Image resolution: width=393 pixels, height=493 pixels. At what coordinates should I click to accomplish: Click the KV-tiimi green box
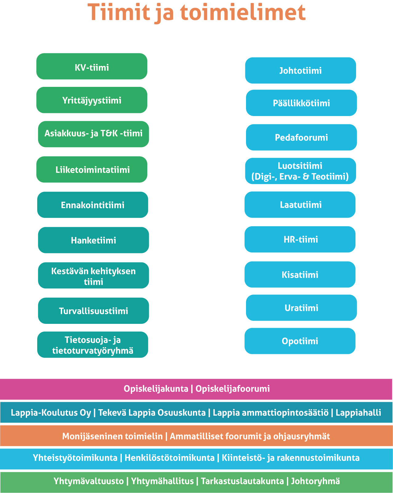[x=92, y=66]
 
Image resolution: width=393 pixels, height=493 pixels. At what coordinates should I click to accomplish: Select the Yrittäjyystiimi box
[x=92, y=100]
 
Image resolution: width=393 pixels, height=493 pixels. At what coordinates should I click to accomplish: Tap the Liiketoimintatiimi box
[x=92, y=169]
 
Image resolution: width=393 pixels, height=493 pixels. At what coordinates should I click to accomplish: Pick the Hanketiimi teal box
[x=93, y=240]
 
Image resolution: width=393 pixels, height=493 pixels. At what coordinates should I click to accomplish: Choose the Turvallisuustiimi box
[x=93, y=311]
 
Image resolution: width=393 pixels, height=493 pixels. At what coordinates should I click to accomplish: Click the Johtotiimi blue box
[x=300, y=70]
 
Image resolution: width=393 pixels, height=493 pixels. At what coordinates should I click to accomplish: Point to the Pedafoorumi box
[x=301, y=137]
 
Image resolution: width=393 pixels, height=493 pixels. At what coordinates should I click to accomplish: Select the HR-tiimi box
[x=300, y=239]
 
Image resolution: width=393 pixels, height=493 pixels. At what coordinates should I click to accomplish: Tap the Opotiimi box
[x=300, y=341]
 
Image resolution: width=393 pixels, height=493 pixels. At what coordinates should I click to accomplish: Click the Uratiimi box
[x=301, y=308]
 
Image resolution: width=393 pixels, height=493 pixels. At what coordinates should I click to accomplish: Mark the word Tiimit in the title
[x=119, y=12]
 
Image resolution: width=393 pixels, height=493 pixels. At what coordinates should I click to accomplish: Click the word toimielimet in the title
[x=243, y=12]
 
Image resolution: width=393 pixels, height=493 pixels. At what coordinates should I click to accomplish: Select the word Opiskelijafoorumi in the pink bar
[x=232, y=389]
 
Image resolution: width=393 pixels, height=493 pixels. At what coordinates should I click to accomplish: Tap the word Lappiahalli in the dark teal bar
[x=358, y=413]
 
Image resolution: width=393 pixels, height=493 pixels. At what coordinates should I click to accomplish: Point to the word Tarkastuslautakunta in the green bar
[x=242, y=481]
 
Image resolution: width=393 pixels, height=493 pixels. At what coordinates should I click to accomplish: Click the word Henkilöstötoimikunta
[x=169, y=458]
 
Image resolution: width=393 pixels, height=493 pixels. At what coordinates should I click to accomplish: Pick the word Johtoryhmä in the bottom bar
[x=316, y=481]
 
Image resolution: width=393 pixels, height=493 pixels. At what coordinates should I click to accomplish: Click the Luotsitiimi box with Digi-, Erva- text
[x=300, y=171]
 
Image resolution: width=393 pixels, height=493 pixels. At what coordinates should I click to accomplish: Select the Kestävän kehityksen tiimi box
[x=93, y=275]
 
